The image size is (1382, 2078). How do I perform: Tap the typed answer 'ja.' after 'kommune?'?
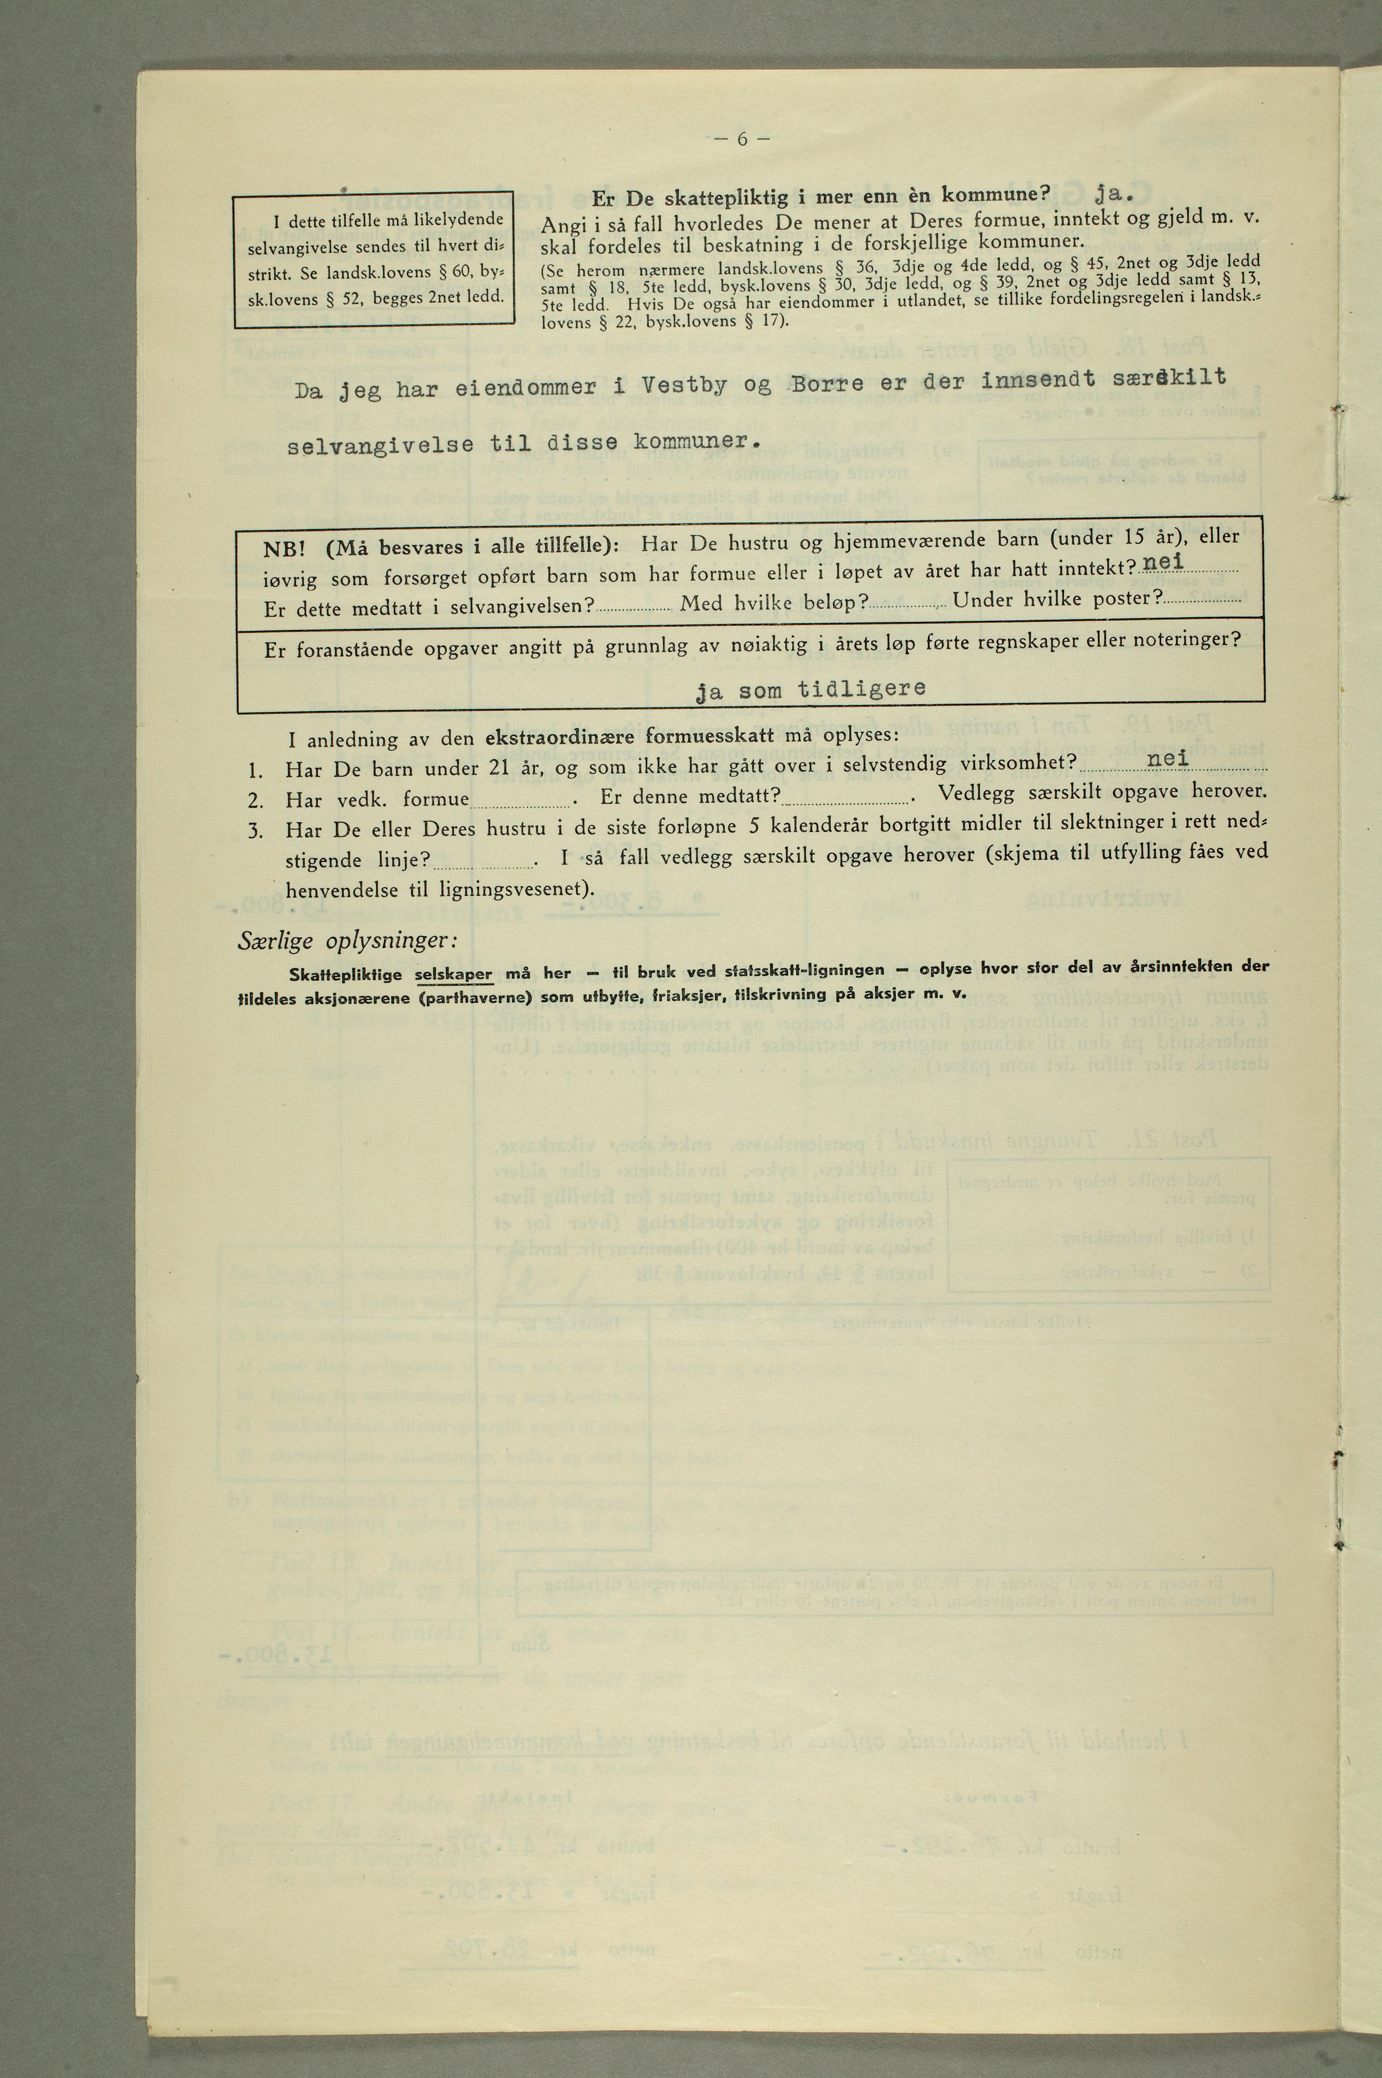click(x=1112, y=190)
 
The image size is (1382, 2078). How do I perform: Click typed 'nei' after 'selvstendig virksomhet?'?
click(x=1168, y=758)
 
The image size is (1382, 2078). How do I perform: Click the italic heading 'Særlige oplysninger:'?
click(x=347, y=941)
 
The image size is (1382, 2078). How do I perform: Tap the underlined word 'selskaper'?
click(x=453, y=974)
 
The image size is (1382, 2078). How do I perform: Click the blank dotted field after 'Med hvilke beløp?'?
click(x=908, y=605)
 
